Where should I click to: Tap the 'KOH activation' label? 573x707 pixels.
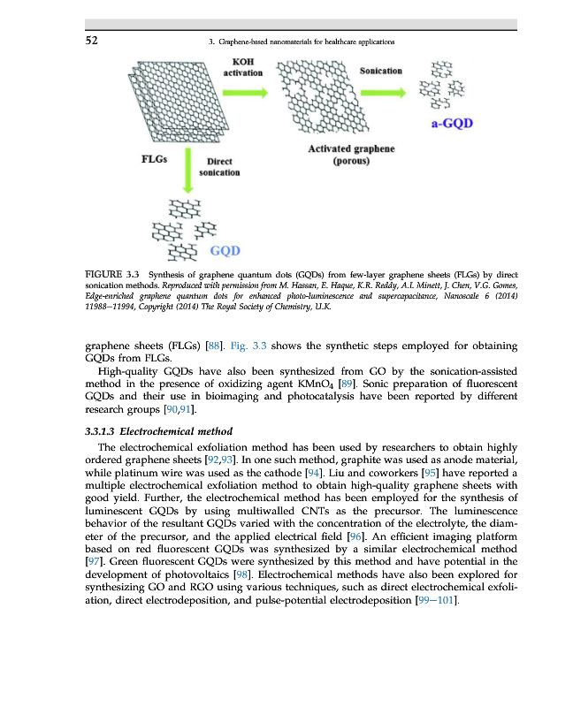(241, 67)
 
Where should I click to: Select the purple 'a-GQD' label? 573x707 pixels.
(451, 123)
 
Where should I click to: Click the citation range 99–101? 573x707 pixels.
(430, 601)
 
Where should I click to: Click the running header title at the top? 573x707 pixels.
(298, 42)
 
